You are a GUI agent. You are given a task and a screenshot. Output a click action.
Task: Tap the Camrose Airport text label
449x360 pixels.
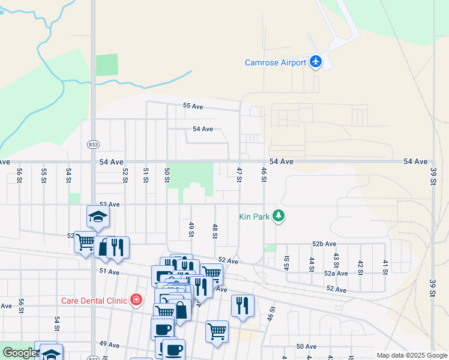(x=276, y=62)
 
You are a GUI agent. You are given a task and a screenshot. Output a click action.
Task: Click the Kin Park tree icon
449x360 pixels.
(x=278, y=215)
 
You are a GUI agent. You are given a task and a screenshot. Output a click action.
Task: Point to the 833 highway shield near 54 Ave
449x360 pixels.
(x=93, y=145)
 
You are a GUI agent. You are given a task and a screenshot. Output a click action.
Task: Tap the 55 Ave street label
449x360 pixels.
(x=194, y=106)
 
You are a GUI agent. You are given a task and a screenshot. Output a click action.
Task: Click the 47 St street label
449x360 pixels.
(x=239, y=171)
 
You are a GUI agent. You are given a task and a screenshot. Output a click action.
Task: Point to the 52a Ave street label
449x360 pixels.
(x=336, y=273)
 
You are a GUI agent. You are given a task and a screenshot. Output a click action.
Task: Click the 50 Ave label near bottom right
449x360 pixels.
(x=306, y=346)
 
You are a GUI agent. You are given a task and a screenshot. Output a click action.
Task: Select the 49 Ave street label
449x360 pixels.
(x=109, y=344)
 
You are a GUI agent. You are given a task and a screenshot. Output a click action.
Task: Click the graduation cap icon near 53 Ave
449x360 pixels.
(x=98, y=217)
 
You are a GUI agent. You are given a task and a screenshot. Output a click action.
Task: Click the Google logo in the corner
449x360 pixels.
(x=19, y=353)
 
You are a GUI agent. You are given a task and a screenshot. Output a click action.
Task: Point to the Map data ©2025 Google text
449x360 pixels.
(x=411, y=355)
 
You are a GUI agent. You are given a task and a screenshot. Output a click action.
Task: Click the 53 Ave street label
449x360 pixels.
(x=110, y=205)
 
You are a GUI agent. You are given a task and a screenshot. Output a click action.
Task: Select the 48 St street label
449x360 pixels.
(x=214, y=231)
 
